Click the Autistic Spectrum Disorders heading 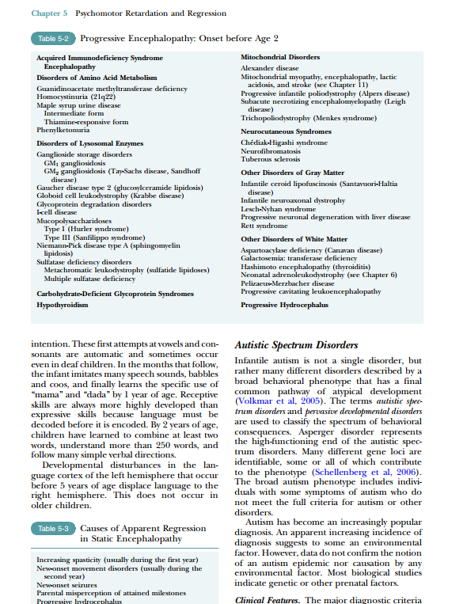pos(297,345)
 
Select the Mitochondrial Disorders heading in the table pos(280,58)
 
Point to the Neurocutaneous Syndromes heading pos(286,131)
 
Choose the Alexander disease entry pos(270,69)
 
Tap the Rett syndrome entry pos(265,224)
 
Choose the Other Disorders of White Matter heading pos(294,238)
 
